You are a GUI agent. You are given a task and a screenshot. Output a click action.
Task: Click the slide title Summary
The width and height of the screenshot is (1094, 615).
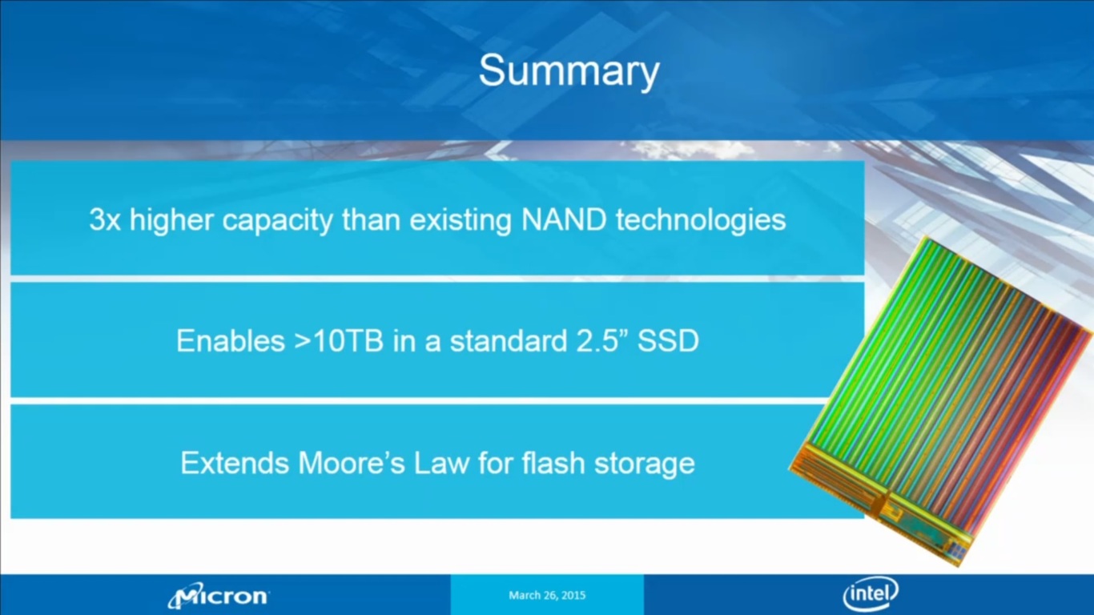pyautogui.click(x=569, y=71)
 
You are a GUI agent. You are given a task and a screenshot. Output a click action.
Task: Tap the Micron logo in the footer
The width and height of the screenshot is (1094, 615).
pyautogui.click(x=219, y=596)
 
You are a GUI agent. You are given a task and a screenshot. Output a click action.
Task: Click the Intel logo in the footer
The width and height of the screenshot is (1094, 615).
pyautogui.click(x=871, y=595)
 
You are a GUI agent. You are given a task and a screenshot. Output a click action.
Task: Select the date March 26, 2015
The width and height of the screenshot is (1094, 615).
pyautogui.click(x=547, y=595)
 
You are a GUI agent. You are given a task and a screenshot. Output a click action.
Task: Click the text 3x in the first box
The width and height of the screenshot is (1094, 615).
pyautogui.click(x=104, y=220)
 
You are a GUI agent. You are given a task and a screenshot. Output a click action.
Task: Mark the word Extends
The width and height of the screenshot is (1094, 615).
pyautogui.click(x=235, y=464)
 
